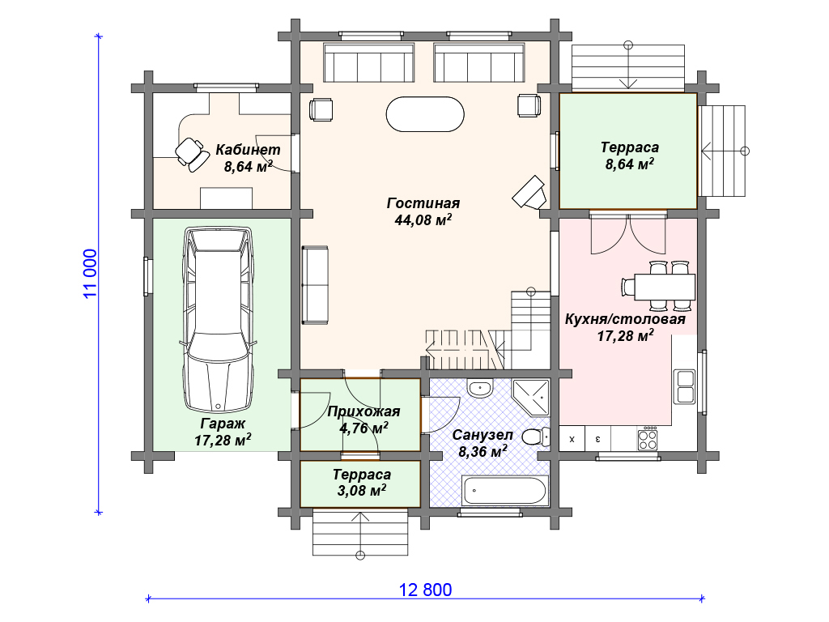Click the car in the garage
(x=218, y=319)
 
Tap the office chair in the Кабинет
(x=191, y=154)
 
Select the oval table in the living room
(x=425, y=113)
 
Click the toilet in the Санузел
(x=536, y=437)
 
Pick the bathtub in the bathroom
(x=504, y=491)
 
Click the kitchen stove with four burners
(x=648, y=439)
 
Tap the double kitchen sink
(x=685, y=386)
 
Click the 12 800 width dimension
(x=426, y=590)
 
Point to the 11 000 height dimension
(x=91, y=274)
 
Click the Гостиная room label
(x=423, y=203)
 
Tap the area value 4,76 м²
(x=363, y=428)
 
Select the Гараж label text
(x=223, y=424)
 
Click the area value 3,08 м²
(x=362, y=490)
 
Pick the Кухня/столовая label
(x=625, y=319)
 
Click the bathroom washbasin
(x=480, y=389)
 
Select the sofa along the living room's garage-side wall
(x=315, y=285)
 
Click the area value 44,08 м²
(x=423, y=220)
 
